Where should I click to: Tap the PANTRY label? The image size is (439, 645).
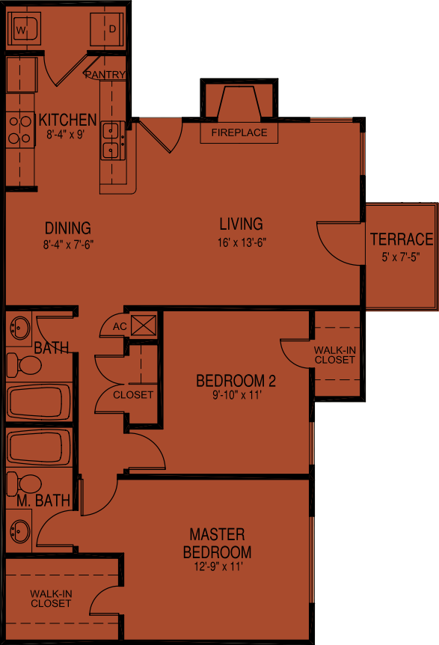pos(105,75)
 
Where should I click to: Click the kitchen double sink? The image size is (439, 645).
pos(112,141)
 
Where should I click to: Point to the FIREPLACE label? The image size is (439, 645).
pos(239,133)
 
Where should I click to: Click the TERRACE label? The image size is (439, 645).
pos(401,239)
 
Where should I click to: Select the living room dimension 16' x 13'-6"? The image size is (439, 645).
pos(241,242)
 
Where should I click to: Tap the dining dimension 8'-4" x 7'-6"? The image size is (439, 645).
pos(67,244)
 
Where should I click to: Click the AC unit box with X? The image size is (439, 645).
pos(142,325)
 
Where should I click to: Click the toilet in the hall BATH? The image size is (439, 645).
pos(24,365)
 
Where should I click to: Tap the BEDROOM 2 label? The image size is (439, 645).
pos(236,381)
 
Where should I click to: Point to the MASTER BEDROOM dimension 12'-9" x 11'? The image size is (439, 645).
pos(217,567)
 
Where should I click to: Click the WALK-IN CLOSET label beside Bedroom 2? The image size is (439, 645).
pos(334,355)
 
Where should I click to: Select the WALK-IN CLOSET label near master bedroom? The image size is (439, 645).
pos(51,598)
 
